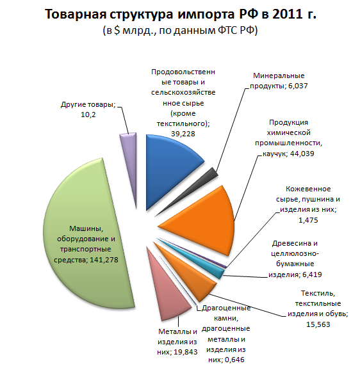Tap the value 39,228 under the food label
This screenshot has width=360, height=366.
click(x=183, y=134)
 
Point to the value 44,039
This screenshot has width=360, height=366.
click(x=302, y=154)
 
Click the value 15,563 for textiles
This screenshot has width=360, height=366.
click(x=318, y=324)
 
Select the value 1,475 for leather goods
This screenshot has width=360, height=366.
click(x=308, y=220)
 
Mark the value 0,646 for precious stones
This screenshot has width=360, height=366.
click(x=234, y=360)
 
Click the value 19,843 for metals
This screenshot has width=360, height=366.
click(x=186, y=352)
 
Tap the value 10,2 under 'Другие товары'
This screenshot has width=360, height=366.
click(x=88, y=115)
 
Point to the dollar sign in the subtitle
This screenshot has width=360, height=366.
click(x=117, y=30)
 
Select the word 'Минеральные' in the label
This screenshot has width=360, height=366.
click(x=279, y=76)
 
